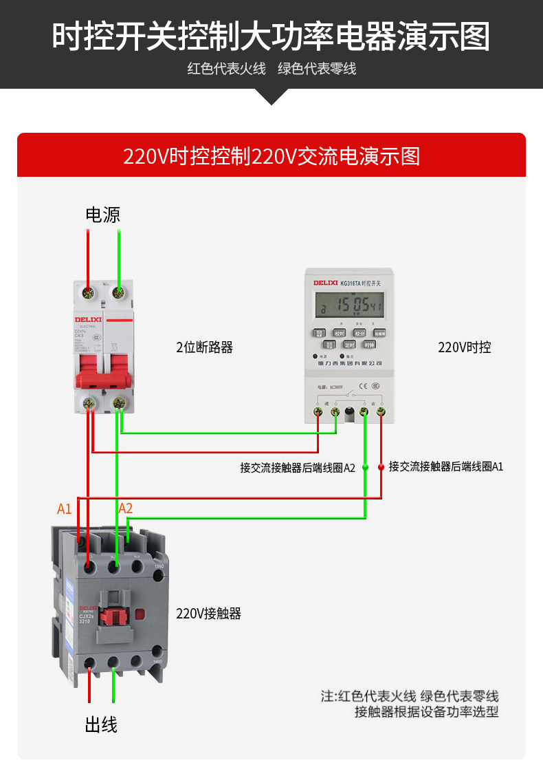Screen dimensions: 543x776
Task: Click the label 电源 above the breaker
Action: tap(102, 215)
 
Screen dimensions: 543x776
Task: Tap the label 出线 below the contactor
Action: tap(101, 724)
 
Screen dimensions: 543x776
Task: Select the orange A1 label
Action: tap(64, 509)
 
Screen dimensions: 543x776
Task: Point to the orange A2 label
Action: tap(125, 508)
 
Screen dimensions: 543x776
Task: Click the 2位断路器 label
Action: tap(204, 347)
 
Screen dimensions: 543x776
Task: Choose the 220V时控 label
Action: tap(465, 347)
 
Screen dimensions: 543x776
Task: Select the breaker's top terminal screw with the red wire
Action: tap(88, 294)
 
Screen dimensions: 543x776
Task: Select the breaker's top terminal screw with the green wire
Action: tap(120, 294)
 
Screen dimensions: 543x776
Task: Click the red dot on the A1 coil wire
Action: tap(381, 467)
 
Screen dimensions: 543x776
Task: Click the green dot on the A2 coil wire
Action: tap(365, 467)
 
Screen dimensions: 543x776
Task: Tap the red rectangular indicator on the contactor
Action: tap(140, 614)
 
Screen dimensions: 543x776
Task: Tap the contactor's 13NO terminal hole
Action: tap(158, 565)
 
